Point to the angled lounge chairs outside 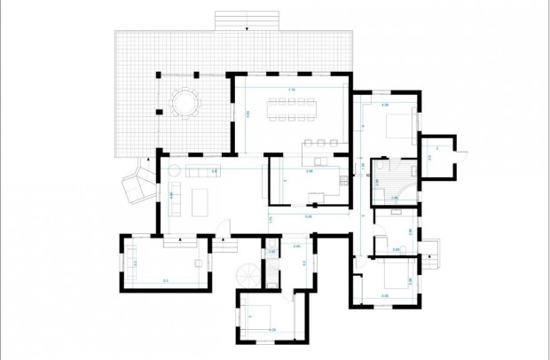(135, 183)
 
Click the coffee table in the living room (199, 200)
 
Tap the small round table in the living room (175, 168)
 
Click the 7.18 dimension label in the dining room (291, 90)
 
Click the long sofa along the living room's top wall (200, 168)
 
